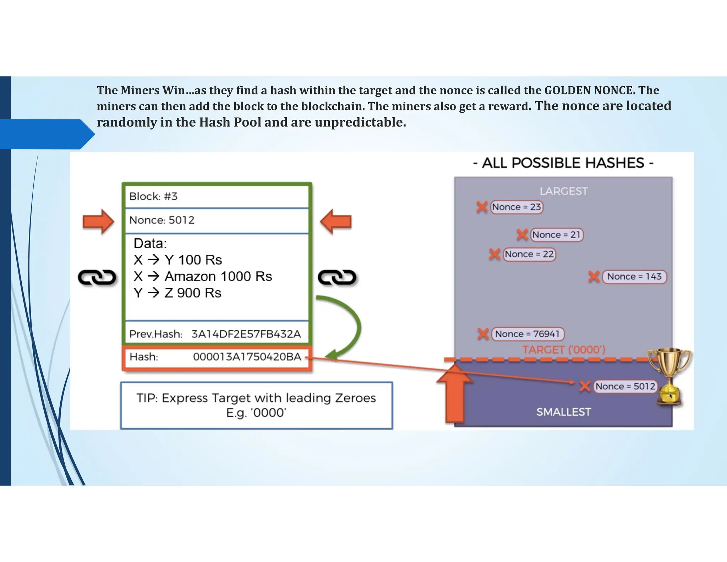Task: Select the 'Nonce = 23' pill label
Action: pos(516,207)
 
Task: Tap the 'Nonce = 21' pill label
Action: pos(557,235)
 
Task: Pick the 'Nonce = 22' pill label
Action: pos(529,254)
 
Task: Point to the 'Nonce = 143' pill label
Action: pos(634,277)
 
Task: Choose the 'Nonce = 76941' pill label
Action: pos(528,334)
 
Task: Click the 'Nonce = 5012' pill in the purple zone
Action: pos(625,387)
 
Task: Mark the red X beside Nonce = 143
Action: pos(594,276)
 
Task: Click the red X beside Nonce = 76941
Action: pos(483,334)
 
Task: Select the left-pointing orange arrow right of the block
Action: pos(336,222)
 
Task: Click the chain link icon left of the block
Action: pos(97,277)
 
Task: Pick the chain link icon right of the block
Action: pos(337,277)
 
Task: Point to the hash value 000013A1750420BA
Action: pos(247,357)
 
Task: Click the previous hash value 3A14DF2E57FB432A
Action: pos(246,334)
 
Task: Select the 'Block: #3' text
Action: pos(153,196)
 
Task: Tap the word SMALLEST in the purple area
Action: pos(564,412)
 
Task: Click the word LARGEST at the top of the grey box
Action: pos(564,191)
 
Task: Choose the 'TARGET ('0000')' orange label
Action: pos(564,350)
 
